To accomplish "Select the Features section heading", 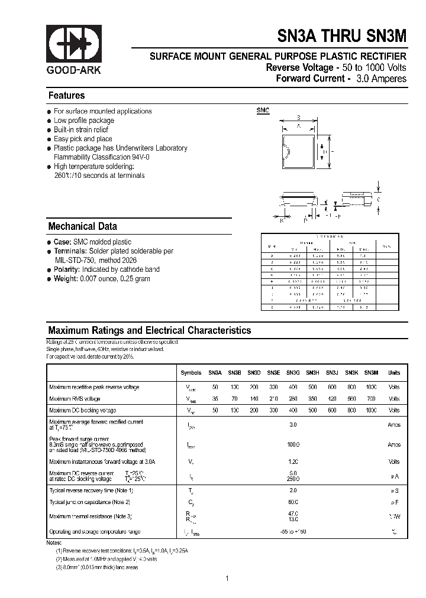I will tap(66, 96).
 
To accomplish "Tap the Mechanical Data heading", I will tap(82, 226).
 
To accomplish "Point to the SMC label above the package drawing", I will tap(262, 110).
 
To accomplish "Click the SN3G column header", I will tap(293, 373).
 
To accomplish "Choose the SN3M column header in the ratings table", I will tap(371, 373).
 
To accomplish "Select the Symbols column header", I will tap(191, 373).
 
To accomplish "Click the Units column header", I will tap(394, 373).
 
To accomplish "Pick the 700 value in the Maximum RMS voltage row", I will tap(371, 399).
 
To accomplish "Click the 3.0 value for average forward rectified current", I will tap(293, 425).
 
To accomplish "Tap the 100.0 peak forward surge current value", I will tap(293, 444).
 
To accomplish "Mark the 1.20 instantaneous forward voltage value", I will tap(293, 461).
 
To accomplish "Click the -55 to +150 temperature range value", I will tap(293, 532).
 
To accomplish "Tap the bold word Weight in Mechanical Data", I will tap(65, 279).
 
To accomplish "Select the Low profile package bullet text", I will tap(84, 121).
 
